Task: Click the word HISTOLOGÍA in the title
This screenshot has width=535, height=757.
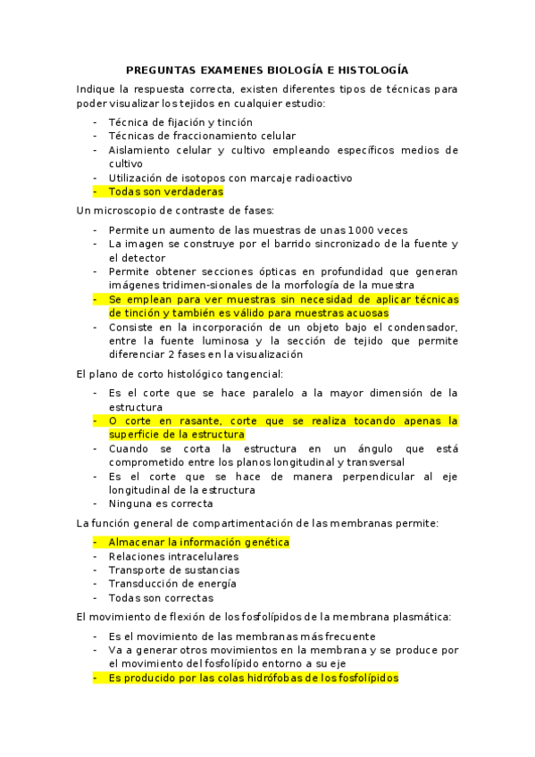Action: point(372,69)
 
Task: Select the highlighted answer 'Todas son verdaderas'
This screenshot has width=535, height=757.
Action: point(165,191)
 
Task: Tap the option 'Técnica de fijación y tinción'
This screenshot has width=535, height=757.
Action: point(180,121)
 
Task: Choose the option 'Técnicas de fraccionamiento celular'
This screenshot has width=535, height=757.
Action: point(202,136)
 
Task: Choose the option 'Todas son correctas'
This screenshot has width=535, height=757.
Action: point(161,597)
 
